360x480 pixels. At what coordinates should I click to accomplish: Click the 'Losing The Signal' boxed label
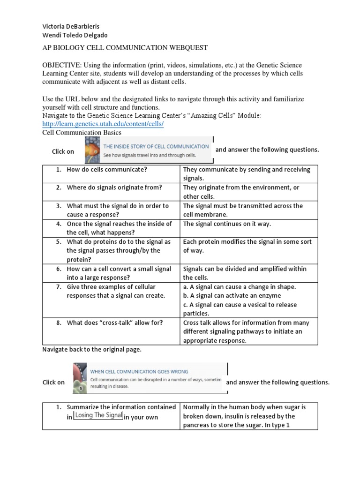click(x=98, y=415)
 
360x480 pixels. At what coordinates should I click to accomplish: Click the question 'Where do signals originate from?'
click(x=114, y=187)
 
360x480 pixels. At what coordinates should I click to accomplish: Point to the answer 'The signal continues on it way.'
click(x=227, y=224)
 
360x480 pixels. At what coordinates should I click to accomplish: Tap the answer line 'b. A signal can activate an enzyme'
click(x=232, y=295)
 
